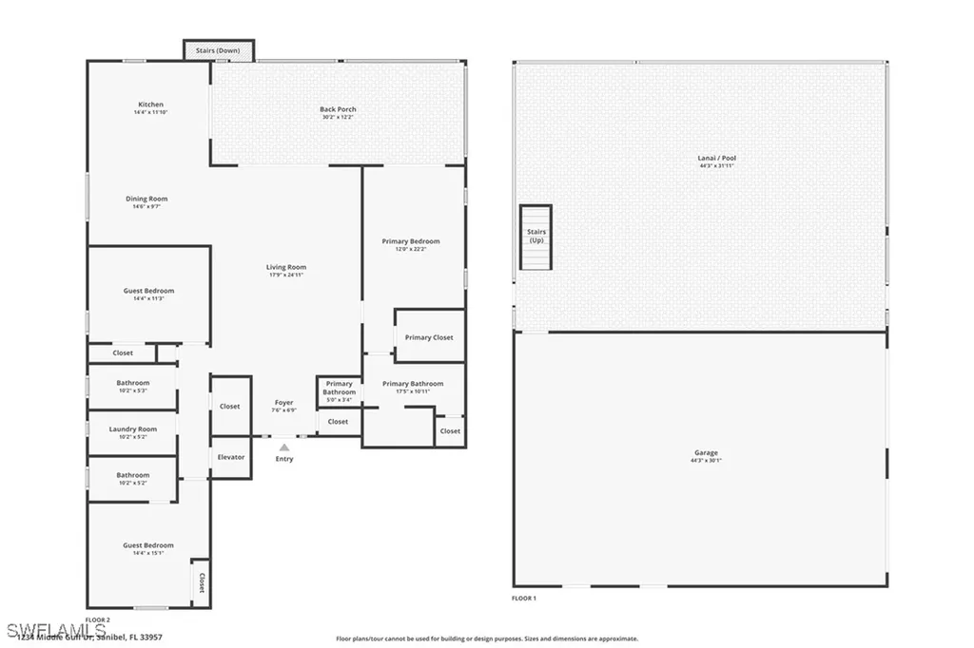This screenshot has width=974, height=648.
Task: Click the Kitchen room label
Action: coord(150,105)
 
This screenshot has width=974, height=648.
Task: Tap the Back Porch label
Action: coord(338,109)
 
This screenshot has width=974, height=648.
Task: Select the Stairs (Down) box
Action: coord(218,50)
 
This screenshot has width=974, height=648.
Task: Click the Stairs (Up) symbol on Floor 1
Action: coord(536,237)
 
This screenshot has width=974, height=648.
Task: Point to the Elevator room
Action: coord(230,457)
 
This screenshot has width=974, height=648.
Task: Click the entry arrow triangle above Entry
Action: coord(283,446)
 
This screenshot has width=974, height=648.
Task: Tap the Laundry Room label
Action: coord(133,429)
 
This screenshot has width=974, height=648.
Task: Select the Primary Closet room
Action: coord(429,337)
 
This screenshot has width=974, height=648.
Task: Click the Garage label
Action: coord(705,453)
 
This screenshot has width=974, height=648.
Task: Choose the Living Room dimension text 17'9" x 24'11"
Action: coord(285,276)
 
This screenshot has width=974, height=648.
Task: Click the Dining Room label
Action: coord(146,199)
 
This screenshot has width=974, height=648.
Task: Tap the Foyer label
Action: coord(283,403)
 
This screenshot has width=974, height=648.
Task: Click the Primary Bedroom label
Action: coord(411,241)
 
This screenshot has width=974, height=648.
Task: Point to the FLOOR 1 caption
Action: coord(524,599)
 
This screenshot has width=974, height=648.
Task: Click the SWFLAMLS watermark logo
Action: coord(43,631)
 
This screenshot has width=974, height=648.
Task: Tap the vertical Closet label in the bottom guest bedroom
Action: coord(201,582)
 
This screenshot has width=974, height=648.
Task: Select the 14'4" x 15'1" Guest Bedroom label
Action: coord(148,545)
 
